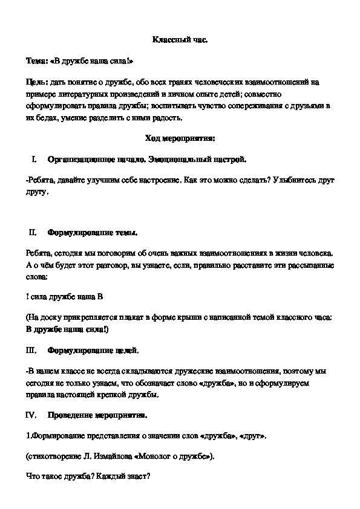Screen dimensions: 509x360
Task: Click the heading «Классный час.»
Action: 179,41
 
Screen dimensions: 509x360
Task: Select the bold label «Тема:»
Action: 39,61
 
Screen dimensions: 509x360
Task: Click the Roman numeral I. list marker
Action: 34,159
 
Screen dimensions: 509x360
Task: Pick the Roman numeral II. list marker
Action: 33,232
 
